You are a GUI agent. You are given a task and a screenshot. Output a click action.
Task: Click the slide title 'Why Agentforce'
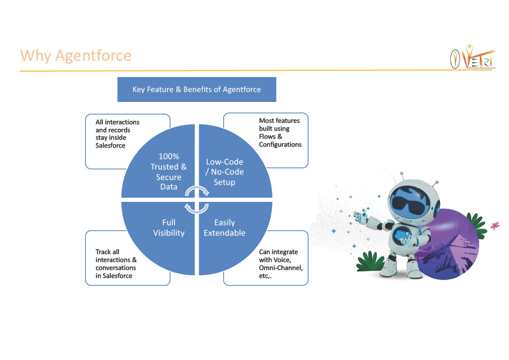[76, 55]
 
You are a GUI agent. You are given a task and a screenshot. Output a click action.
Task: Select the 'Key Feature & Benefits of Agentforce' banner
[196, 90]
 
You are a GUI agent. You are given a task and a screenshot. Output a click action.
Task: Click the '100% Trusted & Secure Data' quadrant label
[169, 172]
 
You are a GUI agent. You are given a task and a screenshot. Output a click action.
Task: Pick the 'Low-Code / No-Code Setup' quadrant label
[225, 172]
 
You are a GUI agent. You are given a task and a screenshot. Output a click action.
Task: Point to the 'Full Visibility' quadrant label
[169, 227]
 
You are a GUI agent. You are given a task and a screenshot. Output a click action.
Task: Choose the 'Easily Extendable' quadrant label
[225, 227]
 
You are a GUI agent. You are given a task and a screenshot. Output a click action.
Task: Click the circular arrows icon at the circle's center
[196, 199]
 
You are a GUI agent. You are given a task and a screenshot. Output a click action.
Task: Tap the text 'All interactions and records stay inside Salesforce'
[117, 134]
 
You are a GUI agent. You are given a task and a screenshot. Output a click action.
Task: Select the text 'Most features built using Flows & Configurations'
[280, 132]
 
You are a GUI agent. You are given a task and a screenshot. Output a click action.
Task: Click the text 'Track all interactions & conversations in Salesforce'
[116, 264]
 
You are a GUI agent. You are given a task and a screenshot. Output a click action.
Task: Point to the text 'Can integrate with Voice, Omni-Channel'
[280, 264]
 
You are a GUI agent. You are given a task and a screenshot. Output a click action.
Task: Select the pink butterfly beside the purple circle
[494, 226]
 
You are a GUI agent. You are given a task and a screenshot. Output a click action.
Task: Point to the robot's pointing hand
[359, 215]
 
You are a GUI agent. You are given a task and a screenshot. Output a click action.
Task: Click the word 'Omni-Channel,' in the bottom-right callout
[280, 268]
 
